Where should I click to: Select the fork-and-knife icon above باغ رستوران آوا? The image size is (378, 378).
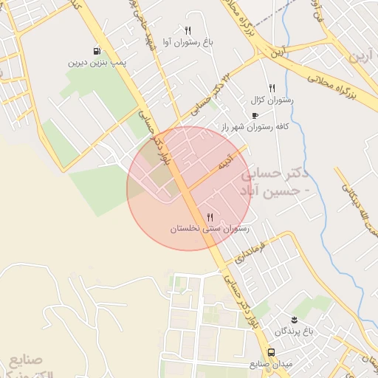pyautogui.click(x=188, y=31)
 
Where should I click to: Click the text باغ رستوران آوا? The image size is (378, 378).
pyautogui.click(x=188, y=42)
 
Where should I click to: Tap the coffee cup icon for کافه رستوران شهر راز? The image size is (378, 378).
pyautogui.click(x=255, y=116)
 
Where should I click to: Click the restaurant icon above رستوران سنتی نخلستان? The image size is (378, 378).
pyautogui.click(x=210, y=217)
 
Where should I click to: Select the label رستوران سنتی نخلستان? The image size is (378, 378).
pyautogui.click(x=210, y=229)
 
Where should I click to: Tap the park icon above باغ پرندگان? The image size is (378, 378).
pyautogui.click(x=294, y=319)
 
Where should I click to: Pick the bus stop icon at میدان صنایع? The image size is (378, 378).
pyautogui.click(x=271, y=352)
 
